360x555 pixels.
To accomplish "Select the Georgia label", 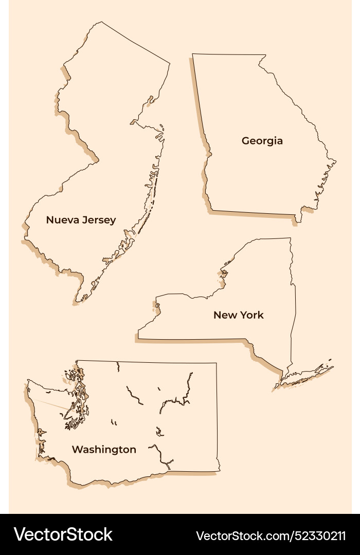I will [262, 141].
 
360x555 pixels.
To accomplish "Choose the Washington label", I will [104, 450].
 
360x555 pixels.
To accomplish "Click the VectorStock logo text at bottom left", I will [63, 534].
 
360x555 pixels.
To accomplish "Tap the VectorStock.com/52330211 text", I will [271, 535].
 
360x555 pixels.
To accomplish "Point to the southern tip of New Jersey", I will [77, 301].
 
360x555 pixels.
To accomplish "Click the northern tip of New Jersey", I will [102, 22].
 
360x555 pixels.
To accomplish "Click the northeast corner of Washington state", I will [216, 363].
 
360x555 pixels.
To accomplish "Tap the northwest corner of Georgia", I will [193, 54].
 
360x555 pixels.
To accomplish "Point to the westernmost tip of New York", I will [138, 338].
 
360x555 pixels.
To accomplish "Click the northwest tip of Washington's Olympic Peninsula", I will [28, 381].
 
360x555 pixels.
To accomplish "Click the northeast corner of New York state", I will [291, 238].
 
